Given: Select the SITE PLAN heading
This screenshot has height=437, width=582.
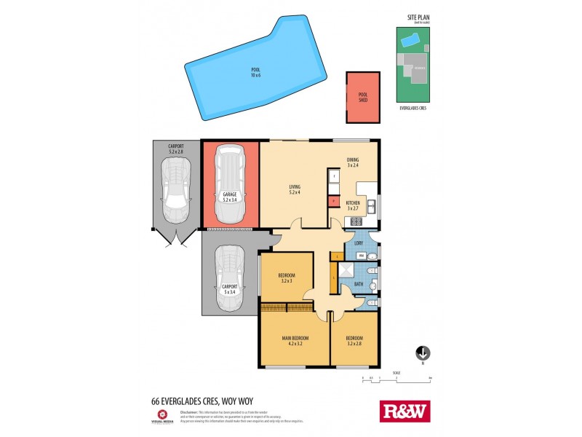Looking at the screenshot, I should tap(411, 17).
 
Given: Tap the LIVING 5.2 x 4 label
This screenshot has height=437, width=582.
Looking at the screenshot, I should tap(294, 190).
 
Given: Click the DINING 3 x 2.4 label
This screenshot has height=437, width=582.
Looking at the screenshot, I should tap(353, 163).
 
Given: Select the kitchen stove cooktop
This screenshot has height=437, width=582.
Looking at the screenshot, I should tap(356, 221).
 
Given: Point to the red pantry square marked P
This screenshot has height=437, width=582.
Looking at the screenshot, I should tap(333, 201).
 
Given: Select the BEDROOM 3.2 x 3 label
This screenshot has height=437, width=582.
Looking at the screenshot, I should tap(286, 277).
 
